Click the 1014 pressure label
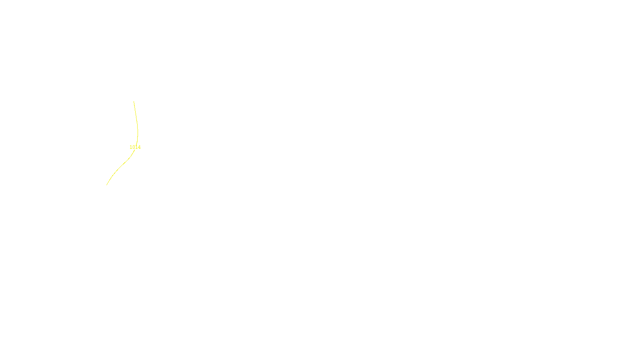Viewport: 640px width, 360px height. pyautogui.click(x=135, y=147)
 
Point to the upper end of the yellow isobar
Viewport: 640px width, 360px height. pyautogui.click(x=134, y=101)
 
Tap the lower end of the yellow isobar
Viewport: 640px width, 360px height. pyautogui.click(x=107, y=185)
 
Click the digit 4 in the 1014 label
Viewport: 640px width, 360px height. pyautogui.click(x=139, y=147)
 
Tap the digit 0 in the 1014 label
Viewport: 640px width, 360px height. pyautogui.click(x=134, y=147)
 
